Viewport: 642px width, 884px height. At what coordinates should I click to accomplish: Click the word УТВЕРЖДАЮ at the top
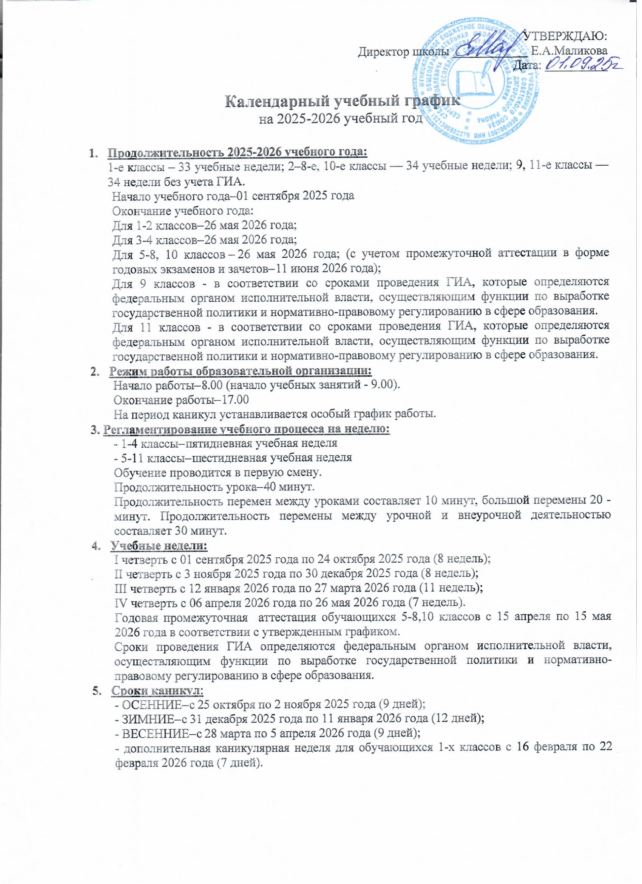pyautogui.click(x=565, y=37)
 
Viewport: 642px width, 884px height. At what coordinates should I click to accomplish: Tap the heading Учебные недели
pyautogui.click(x=159, y=545)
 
